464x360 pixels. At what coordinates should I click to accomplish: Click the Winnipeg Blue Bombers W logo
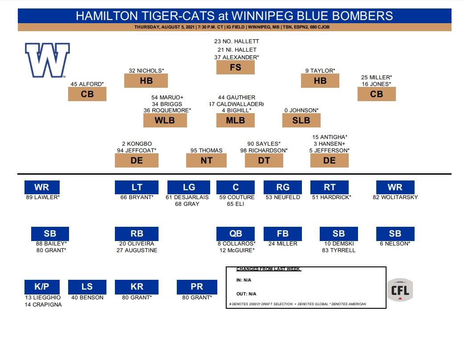(x=47, y=60)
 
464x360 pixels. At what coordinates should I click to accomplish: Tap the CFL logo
(x=400, y=290)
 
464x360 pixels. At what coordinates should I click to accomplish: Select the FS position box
(x=235, y=67)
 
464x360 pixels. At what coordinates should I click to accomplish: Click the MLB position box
(x=235, y=120)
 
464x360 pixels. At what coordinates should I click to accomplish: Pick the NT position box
(x=206, y=160)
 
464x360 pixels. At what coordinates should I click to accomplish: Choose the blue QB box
(x=235, y=234)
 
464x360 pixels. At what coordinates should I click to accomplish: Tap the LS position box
(x=87, y=287)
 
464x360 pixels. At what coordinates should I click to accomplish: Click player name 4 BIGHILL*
(x=236, y=110)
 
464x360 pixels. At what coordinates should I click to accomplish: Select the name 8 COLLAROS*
(x=236, y=244)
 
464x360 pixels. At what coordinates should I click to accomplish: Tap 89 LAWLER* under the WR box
(x=42, y=197)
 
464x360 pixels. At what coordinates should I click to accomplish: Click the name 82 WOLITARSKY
(x=395, y=197)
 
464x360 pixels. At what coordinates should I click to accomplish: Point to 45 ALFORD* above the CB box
(x=87, y=84)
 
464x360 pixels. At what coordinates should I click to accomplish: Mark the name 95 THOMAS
(x=206, y=150)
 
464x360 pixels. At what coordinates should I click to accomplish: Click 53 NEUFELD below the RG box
(x=283, y=197)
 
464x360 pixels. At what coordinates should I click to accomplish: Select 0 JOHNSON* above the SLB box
(x=301, y=110)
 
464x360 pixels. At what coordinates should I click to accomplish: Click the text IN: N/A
(x=244, y=280)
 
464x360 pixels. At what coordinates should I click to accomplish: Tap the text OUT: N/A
(x=246, y=294)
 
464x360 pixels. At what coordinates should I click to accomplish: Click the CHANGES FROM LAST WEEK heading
(x=269, y=269)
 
